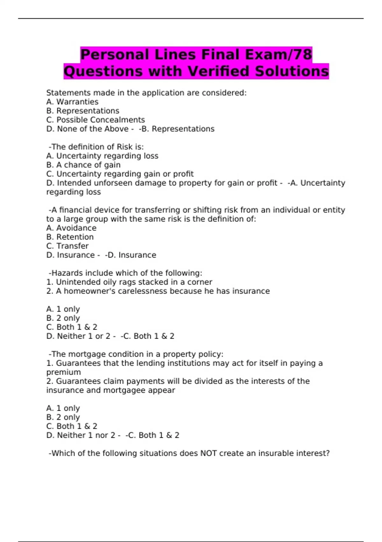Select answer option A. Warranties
[x=72, y=102]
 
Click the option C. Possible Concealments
[x=95, y=120]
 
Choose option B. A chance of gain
[x=83, y=165]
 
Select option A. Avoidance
[x=71, y=228]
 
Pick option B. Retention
[x=70, y=237]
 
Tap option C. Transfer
[x=67, y=246]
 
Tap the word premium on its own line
[x=64, y=372]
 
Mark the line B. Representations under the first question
[x=83, y=111]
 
